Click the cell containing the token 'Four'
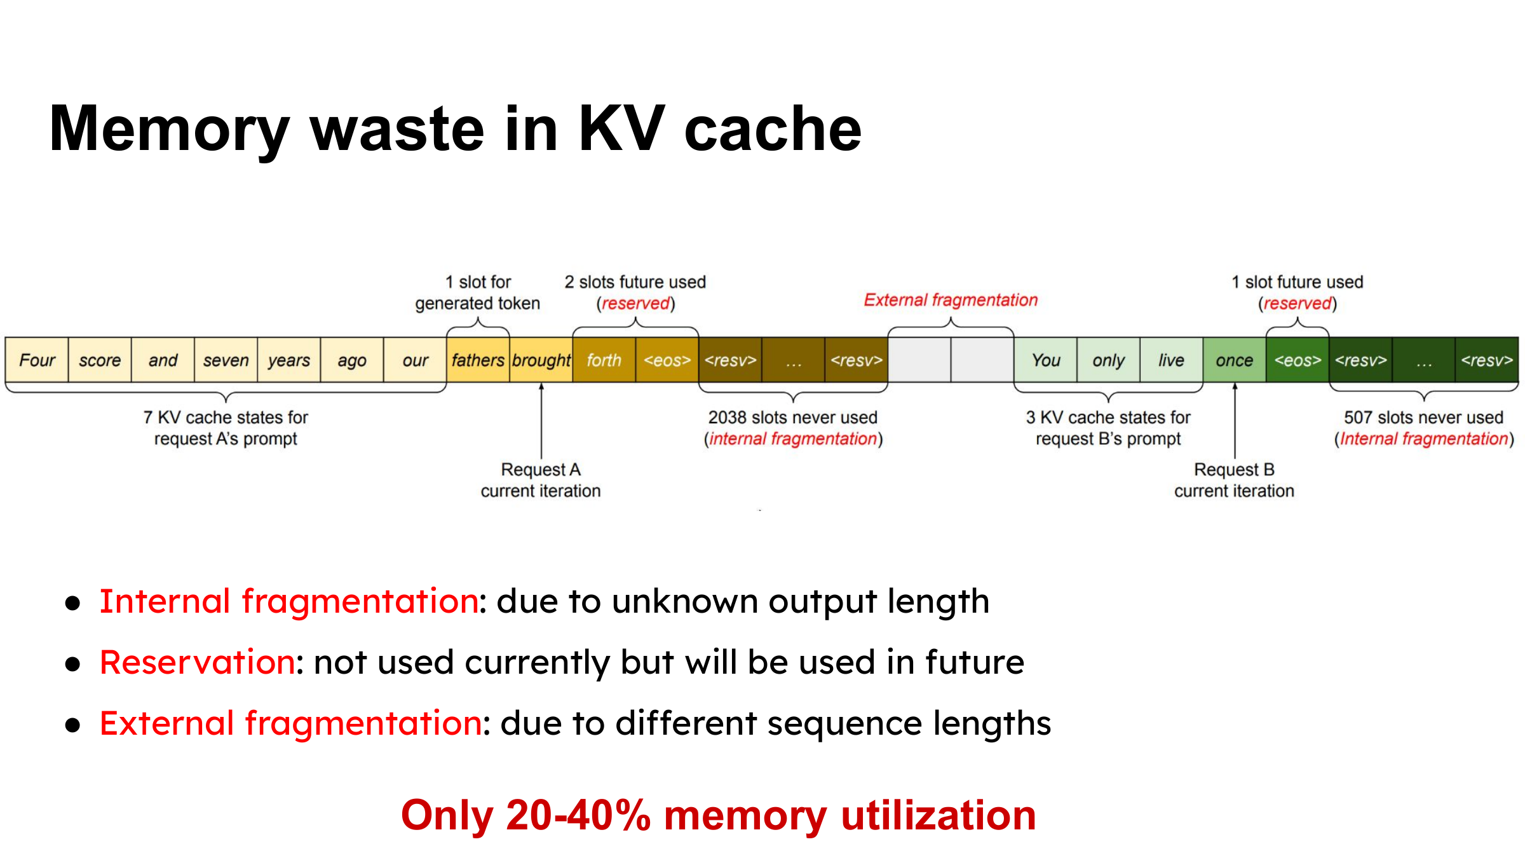(37, 360)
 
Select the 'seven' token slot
(226, 360)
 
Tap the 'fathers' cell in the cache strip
(478, 360)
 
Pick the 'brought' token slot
(541, 360)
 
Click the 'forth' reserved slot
(604, 360)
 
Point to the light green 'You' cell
(1045, 360)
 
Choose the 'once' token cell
(1235, 360)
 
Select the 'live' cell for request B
(1172, 360)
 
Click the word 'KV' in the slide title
(621, 128)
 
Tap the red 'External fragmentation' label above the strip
(951, 300)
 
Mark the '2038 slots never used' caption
(793, 418)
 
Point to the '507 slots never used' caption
(1423, 418)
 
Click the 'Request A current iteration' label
(541, 480)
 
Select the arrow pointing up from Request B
(1235, 420)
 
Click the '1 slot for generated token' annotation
(478, 292)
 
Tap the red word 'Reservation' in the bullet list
(197, 662)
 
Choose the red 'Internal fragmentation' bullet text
(289, 601)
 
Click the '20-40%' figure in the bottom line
(578, 815)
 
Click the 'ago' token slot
(352, 360)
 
